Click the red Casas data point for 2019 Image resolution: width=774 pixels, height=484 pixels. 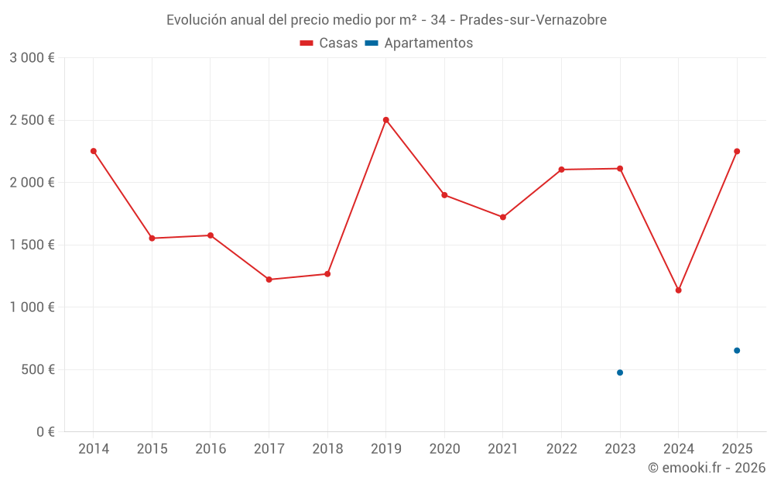[x=385, y=120]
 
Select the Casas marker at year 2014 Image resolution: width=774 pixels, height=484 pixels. [x=94, y=151]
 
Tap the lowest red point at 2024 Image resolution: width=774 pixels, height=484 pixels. [x=678, y=290]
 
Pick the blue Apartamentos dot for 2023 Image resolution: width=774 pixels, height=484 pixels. [x=620, y=372]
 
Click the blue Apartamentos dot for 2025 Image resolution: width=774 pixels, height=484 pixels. [x=737, y=351]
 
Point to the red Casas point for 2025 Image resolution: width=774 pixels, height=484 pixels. [x=737, y=151]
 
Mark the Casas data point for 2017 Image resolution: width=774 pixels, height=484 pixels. [x=269, y=280]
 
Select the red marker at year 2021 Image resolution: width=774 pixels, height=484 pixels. [x=503, y=217]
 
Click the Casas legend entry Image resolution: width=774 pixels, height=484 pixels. [x=329, y=43]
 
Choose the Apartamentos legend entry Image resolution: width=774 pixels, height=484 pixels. [x=419, y=43]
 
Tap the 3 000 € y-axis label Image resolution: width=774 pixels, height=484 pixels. [x=32, y=58]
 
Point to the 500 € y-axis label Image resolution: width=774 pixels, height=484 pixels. [x=37, y=369]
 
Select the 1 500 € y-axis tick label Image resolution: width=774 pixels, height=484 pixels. [x=32, y=245]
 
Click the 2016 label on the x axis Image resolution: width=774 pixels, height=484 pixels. [x=211, y=449]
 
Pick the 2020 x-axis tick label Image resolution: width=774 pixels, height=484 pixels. [x=444, y=449]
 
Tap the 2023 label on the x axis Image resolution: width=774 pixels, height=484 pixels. [x=620, y=449]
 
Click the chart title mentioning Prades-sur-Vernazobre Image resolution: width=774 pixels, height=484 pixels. [x=386, y=19]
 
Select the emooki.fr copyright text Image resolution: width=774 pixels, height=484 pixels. [x=706, y=468]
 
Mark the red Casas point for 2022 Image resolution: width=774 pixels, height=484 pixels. [x=561, y=170]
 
